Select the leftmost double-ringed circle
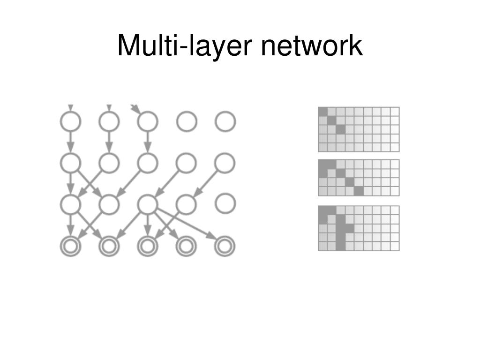click(70, 247)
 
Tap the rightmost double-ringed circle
click(225, 247)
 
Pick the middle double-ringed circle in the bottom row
click(148, 247)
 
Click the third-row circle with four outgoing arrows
click(148, 204)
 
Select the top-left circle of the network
click(70, 122)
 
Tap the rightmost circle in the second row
click(225, 163)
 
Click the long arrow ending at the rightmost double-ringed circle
click(187, 224)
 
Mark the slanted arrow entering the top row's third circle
click(135, 109)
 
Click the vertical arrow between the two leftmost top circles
click(70, 142)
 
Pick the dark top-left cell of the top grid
click(322, 112)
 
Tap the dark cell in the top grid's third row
click(340, 129)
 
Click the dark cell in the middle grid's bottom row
click(359, 191)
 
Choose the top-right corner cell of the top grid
click(395, 112)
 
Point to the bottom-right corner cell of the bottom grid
click(395, 246)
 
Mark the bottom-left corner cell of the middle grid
click(322, 191)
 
